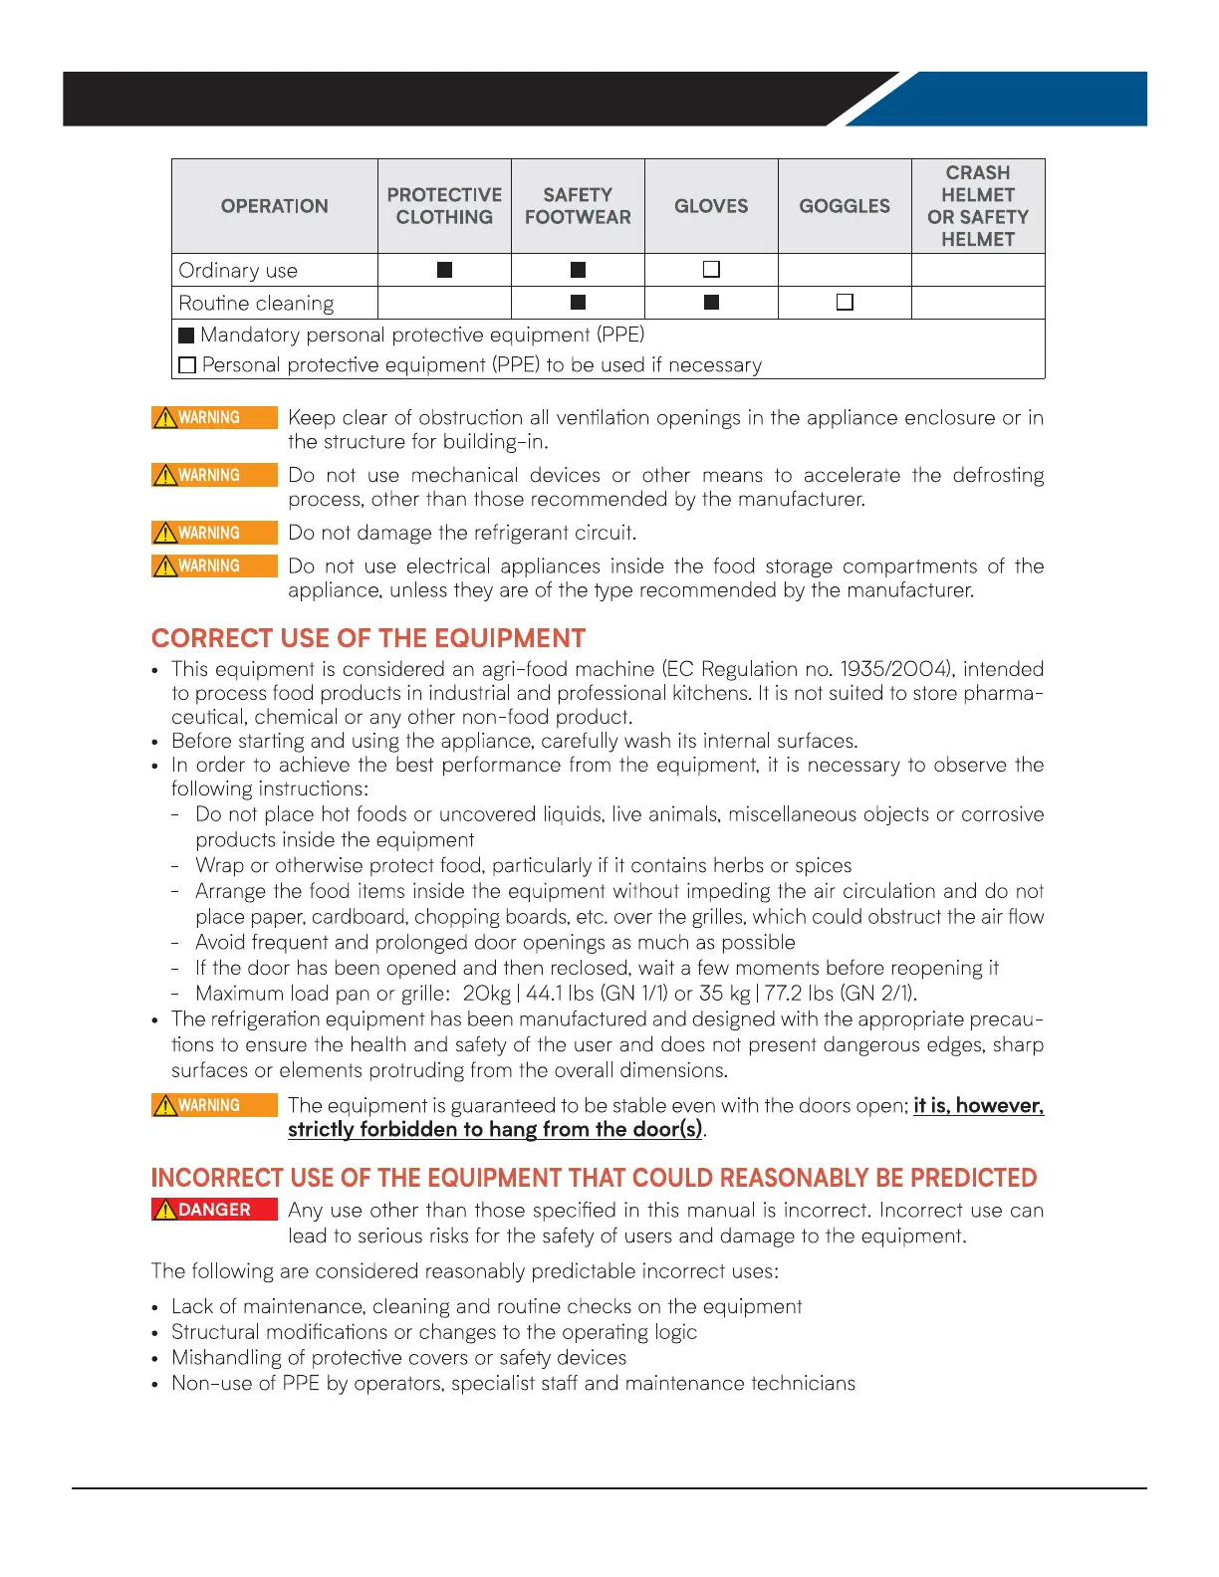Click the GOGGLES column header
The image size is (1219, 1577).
pos(845,206)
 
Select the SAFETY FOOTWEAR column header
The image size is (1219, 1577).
pos(578,206)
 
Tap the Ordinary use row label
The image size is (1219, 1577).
pos(238,271)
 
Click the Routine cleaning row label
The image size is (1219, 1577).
pos(256,304)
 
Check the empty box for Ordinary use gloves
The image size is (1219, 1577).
pos(711,270)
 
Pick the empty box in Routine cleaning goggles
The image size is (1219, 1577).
pos(845,302)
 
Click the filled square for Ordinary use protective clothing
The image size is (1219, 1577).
pos(444,270)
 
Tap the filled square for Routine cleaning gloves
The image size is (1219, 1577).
pos(711,302)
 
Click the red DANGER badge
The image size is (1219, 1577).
pos(214,1210)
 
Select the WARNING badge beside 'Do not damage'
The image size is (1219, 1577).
pos(214,533)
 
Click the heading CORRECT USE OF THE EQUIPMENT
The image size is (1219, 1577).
pos(368,638)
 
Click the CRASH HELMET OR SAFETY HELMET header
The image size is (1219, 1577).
pos(978,206)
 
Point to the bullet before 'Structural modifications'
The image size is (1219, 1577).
pos(155,1333)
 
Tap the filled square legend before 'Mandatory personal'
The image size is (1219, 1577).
pos(186,336)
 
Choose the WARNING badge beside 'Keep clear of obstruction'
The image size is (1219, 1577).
pos(214,417)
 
